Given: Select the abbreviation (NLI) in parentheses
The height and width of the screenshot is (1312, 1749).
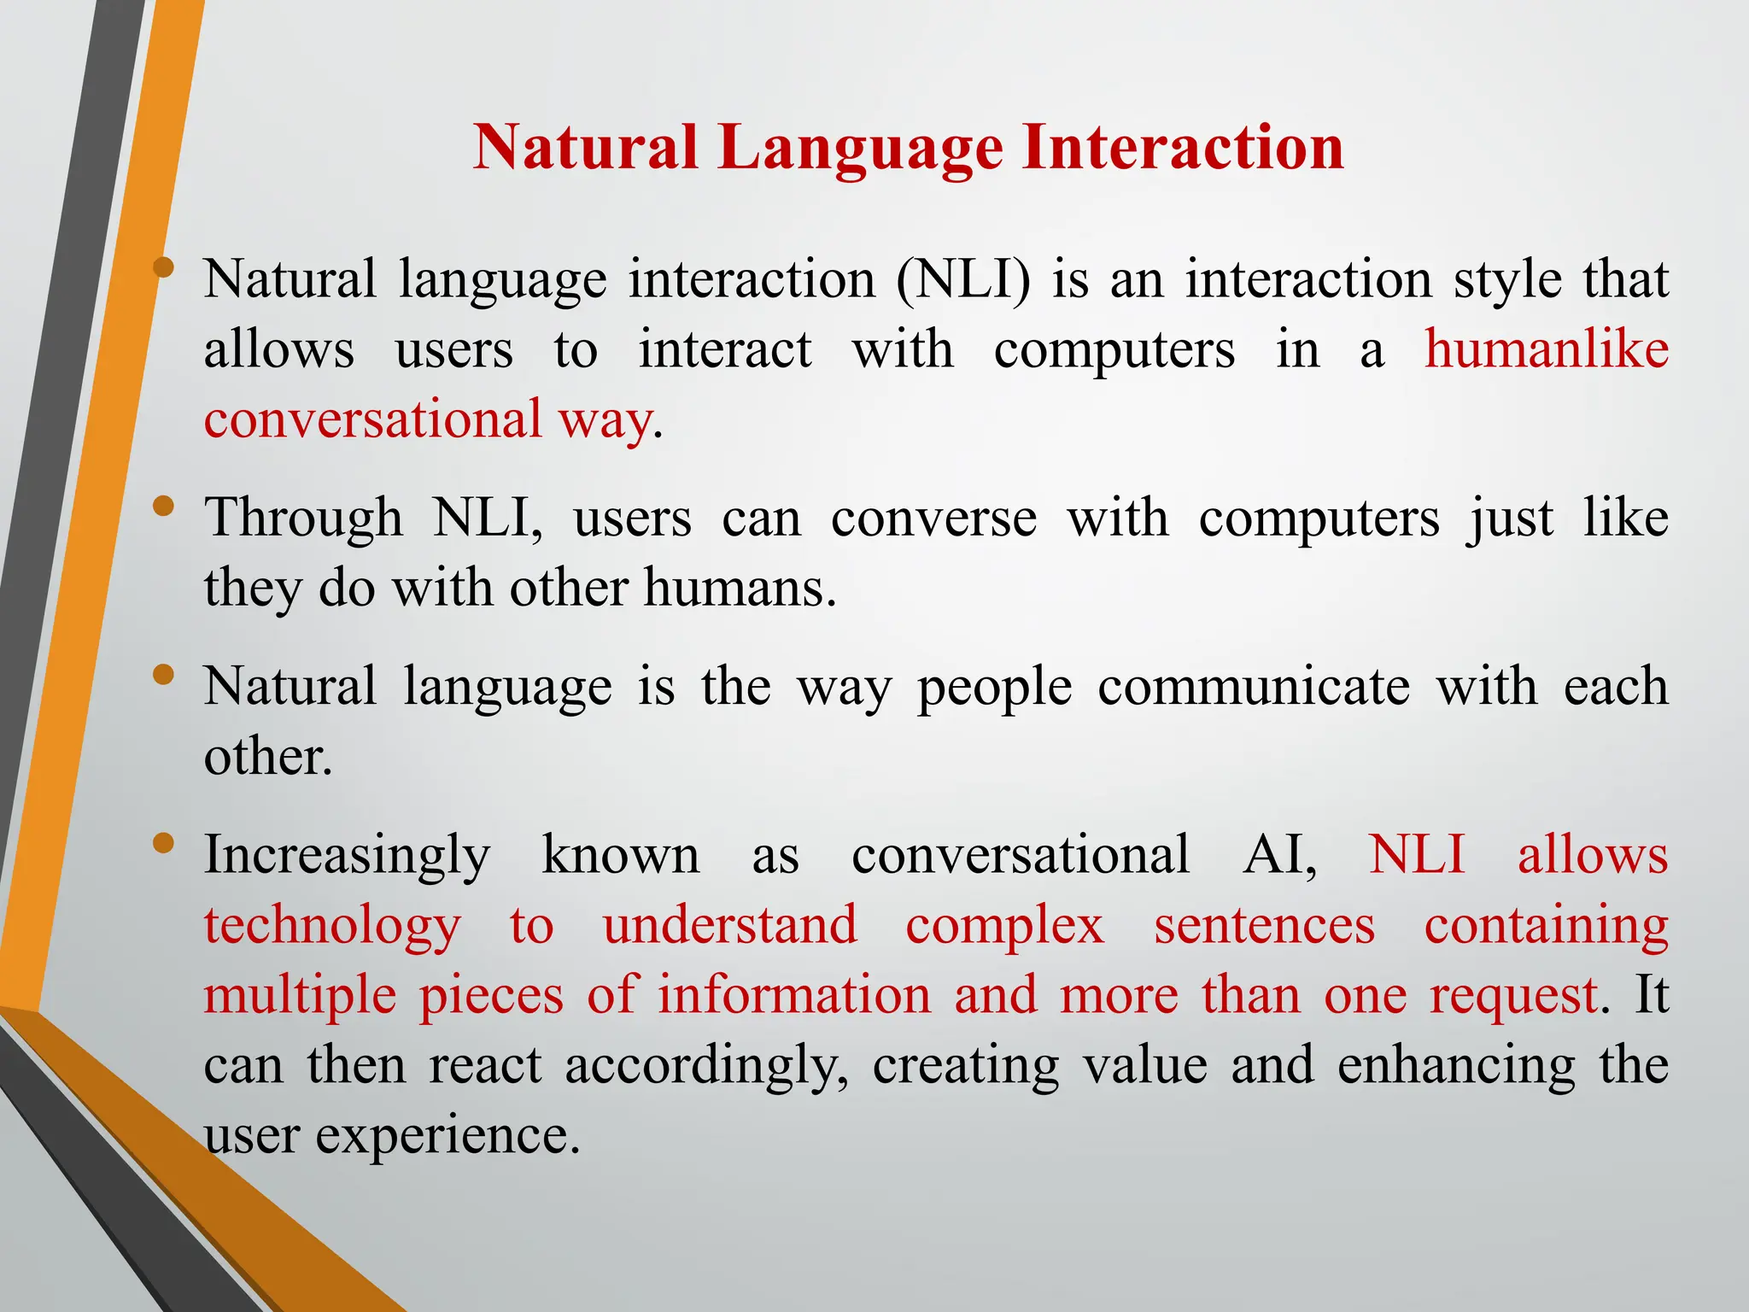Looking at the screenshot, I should [962, 279].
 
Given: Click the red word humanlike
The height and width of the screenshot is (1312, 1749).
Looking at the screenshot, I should [1547, 349].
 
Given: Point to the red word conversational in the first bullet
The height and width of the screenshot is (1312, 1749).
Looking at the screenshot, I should [373, 419].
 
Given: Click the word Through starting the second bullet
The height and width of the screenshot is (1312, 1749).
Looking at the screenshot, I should [303, 518].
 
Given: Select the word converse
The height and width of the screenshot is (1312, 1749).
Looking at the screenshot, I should [933, 518].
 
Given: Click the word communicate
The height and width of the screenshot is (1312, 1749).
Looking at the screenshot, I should [1254, 687].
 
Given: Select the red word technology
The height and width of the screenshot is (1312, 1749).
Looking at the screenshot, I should [332, 926].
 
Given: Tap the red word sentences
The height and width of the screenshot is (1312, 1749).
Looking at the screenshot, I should [1265, 926].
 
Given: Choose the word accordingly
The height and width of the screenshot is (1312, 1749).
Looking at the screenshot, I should [706, 1067].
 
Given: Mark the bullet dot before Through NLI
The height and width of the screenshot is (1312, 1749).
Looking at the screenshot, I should [163, 507].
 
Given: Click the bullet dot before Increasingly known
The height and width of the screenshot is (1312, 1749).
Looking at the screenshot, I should [163, 844].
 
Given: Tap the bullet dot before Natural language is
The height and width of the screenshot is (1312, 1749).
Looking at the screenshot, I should [163, 676].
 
